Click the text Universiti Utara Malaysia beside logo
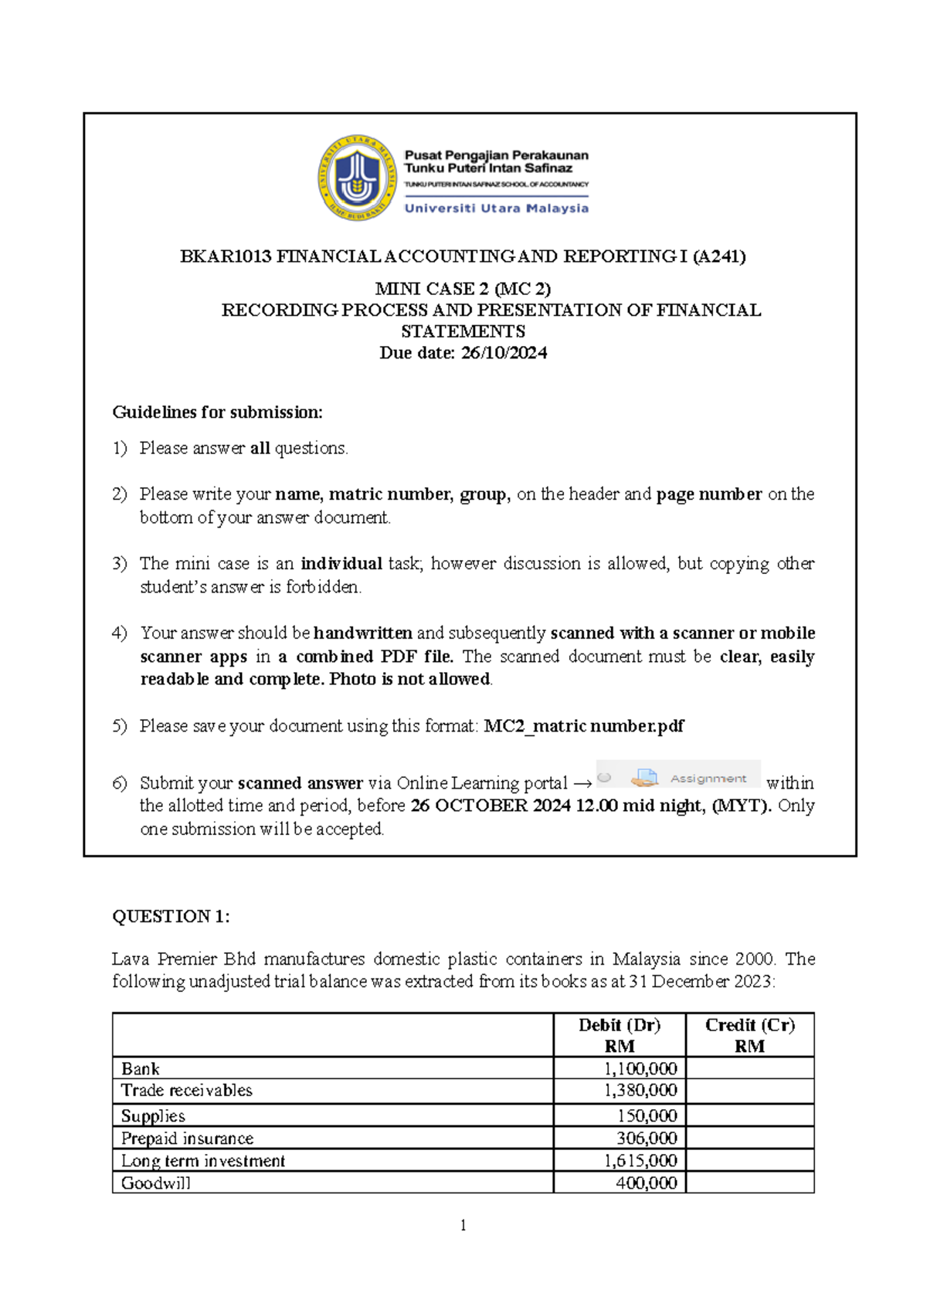tap(497, 209)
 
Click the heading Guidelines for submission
tap(217, 412)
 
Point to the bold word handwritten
tap(362, 633)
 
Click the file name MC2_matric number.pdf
tap(583, 726)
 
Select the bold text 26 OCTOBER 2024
tap(490, 806)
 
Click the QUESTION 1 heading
tap(171, 917)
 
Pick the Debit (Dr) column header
tap(620, 1025)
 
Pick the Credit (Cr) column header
tap(749, 1025)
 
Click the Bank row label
tap(141, 1069)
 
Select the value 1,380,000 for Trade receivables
tap(640, 1091)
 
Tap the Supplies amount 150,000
tap(647, 1116)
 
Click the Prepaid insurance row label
tap(187, 1139)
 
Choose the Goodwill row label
tap(155, 1183)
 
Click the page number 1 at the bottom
tap(463, 1226)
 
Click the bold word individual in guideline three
tap(341, 564)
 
